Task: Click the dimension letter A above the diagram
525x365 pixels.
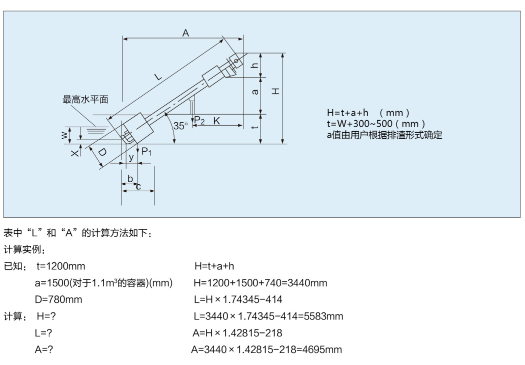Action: pos(185,33)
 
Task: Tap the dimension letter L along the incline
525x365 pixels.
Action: pos(158,77)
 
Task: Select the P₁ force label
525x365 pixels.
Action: pos(146,151)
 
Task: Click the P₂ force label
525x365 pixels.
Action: pos(199,120)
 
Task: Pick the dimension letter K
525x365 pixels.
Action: pos(216,120)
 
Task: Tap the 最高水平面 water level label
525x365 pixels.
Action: pos(85,100)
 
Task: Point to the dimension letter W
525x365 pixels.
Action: pos(64,135)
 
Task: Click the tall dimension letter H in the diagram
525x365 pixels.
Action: pos(275,91)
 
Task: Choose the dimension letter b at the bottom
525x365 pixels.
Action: pos(130,178)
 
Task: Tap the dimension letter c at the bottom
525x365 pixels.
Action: pos(138,187)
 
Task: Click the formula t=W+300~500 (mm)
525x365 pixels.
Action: pos(376,123)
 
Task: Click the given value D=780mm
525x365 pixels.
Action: pos(58,299)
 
